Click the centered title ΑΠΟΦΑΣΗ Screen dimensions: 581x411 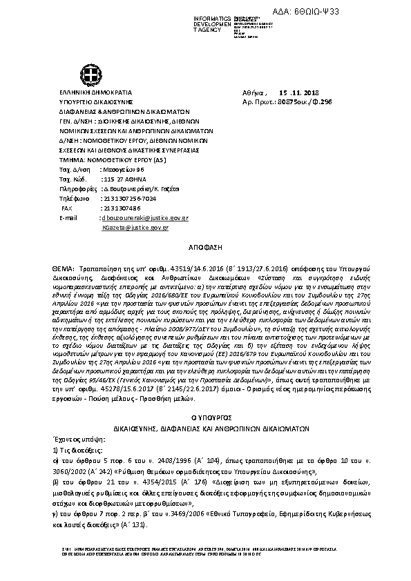click(204, 246)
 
